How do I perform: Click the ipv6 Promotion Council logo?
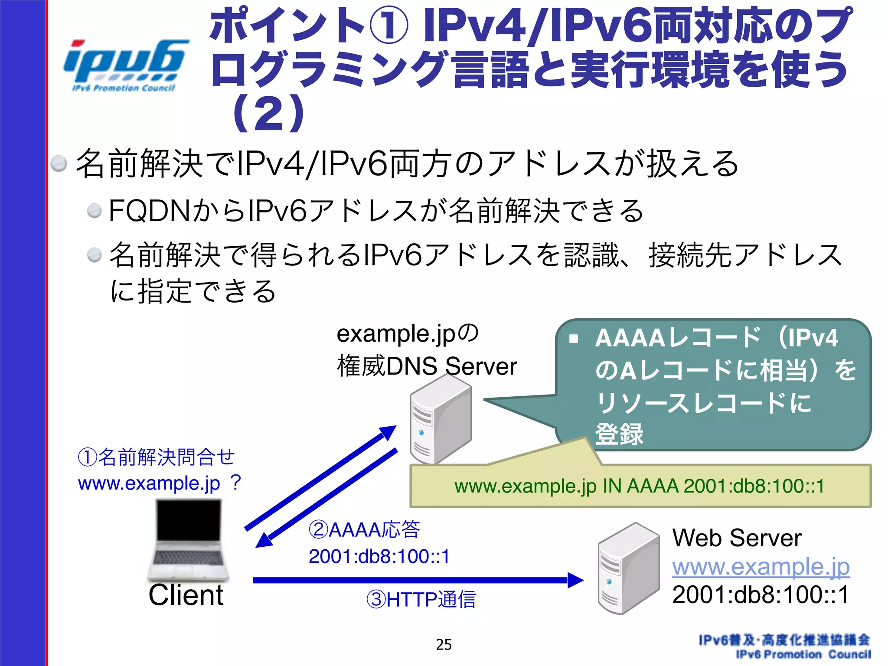[x=125, y=65]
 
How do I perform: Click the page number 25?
[x=444, y=645]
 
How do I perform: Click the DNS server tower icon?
[x=440, y=420]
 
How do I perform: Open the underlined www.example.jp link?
[x=761, y=566]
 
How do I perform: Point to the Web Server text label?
[x=737, y=538]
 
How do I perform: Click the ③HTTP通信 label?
[x=421, y=600]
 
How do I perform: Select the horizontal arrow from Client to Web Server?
[x=416, y=580]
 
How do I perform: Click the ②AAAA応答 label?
[x=364, y=530]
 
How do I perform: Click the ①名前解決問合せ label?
[x=156, y=457]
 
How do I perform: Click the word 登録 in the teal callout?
[x=619, y=434]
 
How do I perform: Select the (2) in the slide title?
[x=269, y=114]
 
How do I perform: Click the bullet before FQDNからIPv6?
[x=94, y=211]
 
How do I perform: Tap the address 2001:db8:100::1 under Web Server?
[x=760, y=594]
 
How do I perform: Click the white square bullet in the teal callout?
[x=574, y=339]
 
